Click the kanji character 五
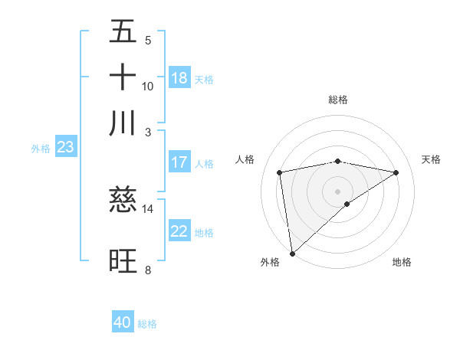pyautogui.click(x=123, y=32)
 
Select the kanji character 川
pyautogui.click(x=123, y=123)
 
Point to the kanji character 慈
pyautogui.click(x=123, y=201)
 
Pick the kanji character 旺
pyautogui.click(x=123, y=260)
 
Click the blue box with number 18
pyautogui.click(x=179, y=78)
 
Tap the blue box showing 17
pyautogui.click(x=179, y=162)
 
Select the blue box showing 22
pyautogui.click(x=179, y=232)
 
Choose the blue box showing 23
pyautogui.click(x=65, y=148)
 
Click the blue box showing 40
pyautogui.click(x=123, y=323)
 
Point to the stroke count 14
pyautogui.click(x=148, y=208)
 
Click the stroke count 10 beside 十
pyautogui.click(x=148, y=86)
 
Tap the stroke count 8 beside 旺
pyautogui.click(x=147, y=270)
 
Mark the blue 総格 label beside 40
pyautogui.click(x=147, y=324)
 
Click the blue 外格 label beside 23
pyautogui.click(x=41, y=149)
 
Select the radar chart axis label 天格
pyautogui.click(x=431, y=159)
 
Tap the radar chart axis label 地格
pyautogui.click(x=402, y=262)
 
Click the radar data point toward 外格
pyautogui.click(x=292, y=253)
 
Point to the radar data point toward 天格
pyautogui.click(x=396, y=173)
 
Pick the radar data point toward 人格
pyautogui.click(x=280, y=172)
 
